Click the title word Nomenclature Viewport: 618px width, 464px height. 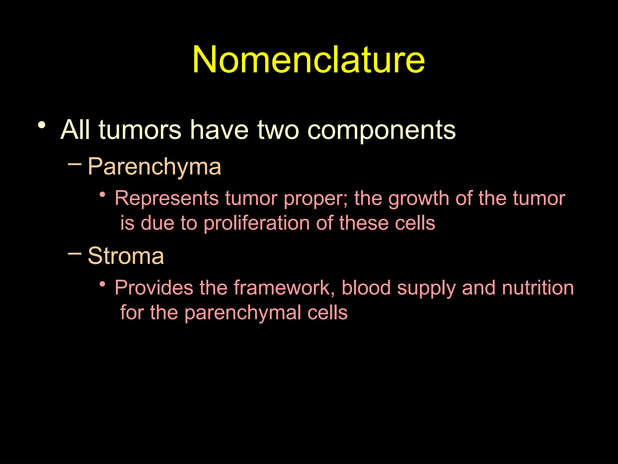click(x=308, y=59)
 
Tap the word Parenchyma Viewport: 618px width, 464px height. click(x=154, y=167)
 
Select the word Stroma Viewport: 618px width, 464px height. click(x=126, y=256)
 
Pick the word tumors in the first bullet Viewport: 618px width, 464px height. click(x=140, y=130)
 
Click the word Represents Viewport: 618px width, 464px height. click(x=167, y=198)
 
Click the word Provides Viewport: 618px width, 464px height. click(x=154, y=288)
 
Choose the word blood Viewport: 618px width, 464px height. click(x=366, y=288)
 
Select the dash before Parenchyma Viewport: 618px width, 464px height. click(x=75, y=164)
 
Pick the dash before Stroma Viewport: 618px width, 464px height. click(x=75, y=253)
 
